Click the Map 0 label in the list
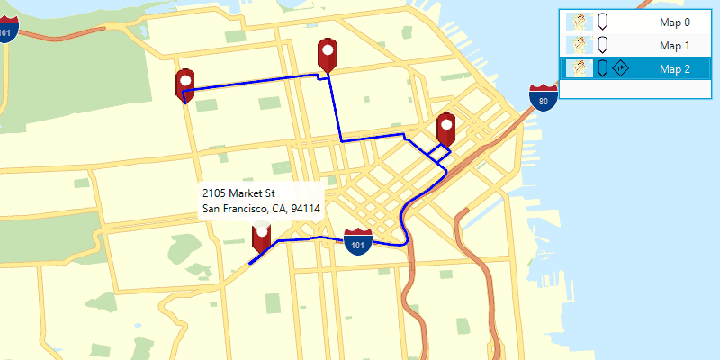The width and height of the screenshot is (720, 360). click(674, 22)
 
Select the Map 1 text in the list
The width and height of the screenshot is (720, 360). click(674, 45)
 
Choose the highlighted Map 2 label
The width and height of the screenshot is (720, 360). click(674, 68)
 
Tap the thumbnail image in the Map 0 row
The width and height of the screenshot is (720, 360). click(580, 22)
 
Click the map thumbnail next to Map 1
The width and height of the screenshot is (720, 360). click(580, 45)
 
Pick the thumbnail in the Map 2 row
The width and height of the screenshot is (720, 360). click(580, 68)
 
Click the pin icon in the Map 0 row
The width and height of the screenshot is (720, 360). click(601, 22)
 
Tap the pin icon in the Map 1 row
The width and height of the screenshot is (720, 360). click(601, 45)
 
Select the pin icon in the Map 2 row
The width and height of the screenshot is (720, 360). click(601, 68)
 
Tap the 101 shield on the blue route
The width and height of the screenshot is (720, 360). click(358, 241)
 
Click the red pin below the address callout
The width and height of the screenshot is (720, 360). click(262, 235)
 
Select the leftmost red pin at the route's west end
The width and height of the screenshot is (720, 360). click(185, 84)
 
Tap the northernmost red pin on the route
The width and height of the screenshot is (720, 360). click(328, 54)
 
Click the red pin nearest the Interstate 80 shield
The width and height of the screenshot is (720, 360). click(445, 129)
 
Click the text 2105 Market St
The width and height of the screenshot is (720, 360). click(238, 193)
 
